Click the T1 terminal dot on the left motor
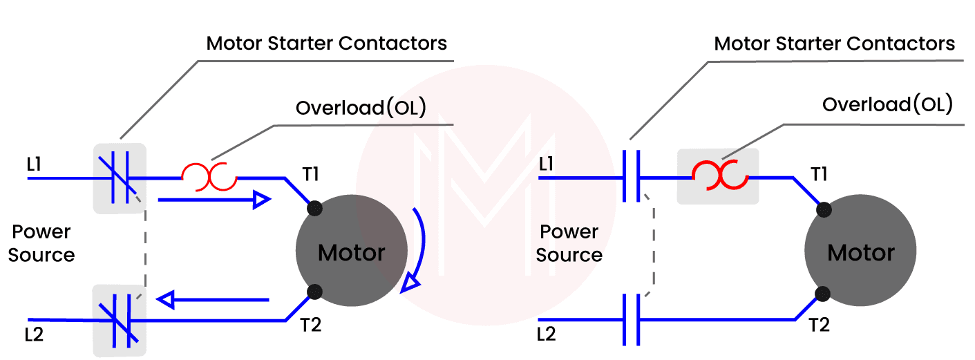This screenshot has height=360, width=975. pyautogui.click(x=314, y=207)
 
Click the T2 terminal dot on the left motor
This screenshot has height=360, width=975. pyautogui.click(x=314, y=292)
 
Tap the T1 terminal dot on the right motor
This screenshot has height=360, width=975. pyautogui.click(x=822, y=209)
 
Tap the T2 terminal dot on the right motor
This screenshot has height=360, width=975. pyautogui.click(x=822, y=294)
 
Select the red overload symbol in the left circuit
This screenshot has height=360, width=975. pyautogui.click(x=209, y=178)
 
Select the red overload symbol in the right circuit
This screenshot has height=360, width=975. pyautogui.click(x=719, y=176)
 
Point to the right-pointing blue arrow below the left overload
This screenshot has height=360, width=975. pyautogui.click(x=214, y=200)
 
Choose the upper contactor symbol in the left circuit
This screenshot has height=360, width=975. pyautogui.click(x=120, y=178)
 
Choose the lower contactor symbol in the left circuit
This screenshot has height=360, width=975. pyautogui.click(x=120, y=320)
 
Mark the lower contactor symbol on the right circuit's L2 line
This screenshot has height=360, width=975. pyautogui.click(x=632, y=319)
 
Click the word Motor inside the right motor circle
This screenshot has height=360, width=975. pyautogui.click(x=861, y=253)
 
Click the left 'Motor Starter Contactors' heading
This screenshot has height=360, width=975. pyautogui.click(x=327, y=44)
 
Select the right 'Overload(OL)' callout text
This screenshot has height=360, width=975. pyautogui.click(x=887, y=105)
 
